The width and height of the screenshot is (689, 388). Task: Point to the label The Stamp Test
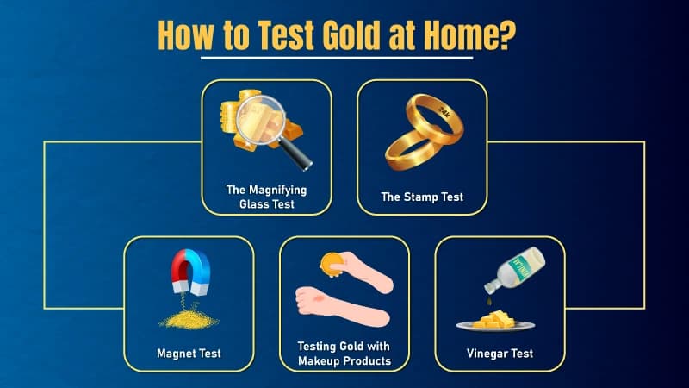tap(422, 197)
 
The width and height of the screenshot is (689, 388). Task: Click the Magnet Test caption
tap(189, 353)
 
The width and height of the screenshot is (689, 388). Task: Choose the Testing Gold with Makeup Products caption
tap(344, 353)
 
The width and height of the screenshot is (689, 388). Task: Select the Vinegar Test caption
tap(500, 353)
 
